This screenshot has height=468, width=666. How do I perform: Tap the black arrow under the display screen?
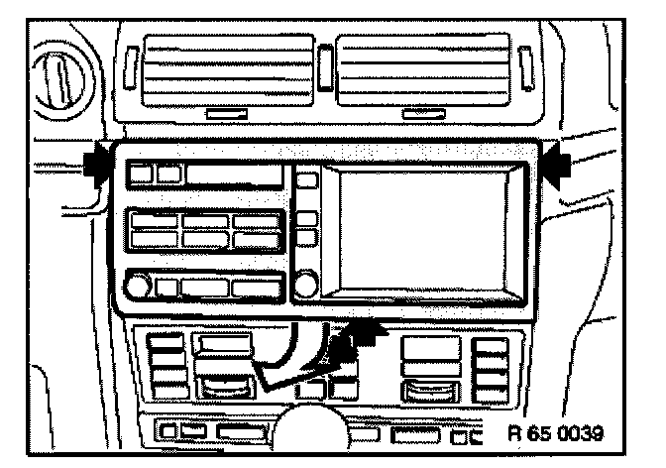tap(359, 337)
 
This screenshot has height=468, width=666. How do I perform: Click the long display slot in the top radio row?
tap(233, 176)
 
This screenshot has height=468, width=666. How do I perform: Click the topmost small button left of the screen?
tap(307, 180)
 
